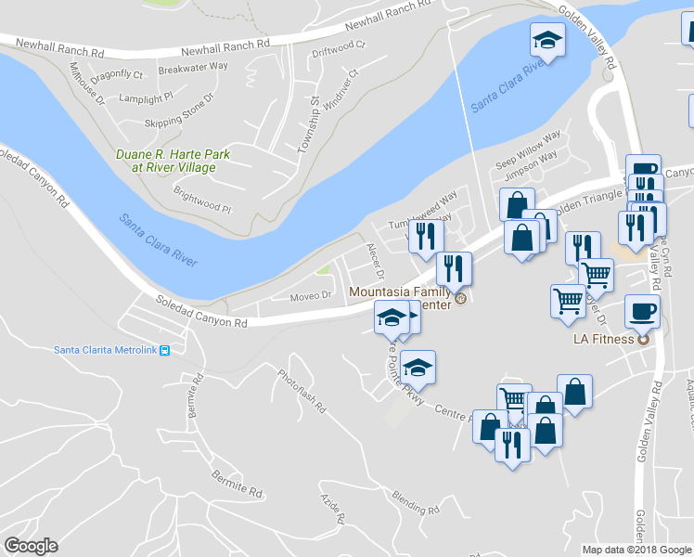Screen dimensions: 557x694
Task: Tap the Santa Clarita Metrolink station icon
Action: pos(164,350)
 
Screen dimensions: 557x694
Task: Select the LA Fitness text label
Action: pos(602,339)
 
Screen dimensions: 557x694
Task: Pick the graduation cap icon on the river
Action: pos(547,41)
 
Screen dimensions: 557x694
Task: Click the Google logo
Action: pos(31,545)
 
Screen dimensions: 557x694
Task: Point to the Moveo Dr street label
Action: pos(310,297)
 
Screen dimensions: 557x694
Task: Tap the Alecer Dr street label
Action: pos(375,261)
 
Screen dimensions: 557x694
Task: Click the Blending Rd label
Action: pos(415,502)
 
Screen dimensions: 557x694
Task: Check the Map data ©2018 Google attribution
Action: pos(636,550)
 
